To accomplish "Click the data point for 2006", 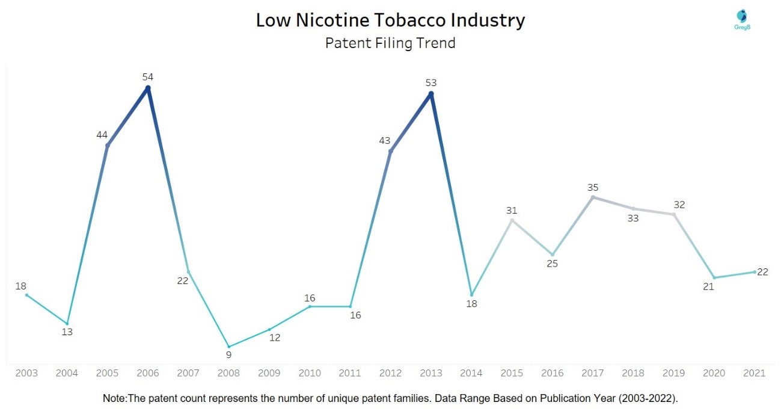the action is pos(148,88).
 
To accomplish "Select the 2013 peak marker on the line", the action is pos(431,94).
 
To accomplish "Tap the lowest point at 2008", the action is pos(229,347).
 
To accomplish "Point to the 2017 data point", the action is pos(593,197).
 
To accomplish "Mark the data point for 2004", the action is pos(67,324).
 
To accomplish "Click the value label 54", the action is pos(148,77).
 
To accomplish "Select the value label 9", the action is pos(228,355).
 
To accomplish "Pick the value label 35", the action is pos(593,187).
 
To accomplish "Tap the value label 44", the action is pos(102,135).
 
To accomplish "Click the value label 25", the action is pos(553,264).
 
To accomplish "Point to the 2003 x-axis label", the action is pos(26,373).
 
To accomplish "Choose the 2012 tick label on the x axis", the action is pos(391,373).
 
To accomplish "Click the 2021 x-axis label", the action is pos(755,373).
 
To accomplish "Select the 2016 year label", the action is pos(553,373).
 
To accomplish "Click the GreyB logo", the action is pos(743,19).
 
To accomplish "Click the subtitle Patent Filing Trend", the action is pos(391,43).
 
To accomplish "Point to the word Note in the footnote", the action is pos(114,398).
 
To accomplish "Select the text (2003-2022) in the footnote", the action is pos(648,398).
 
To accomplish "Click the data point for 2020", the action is pos(714,278).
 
